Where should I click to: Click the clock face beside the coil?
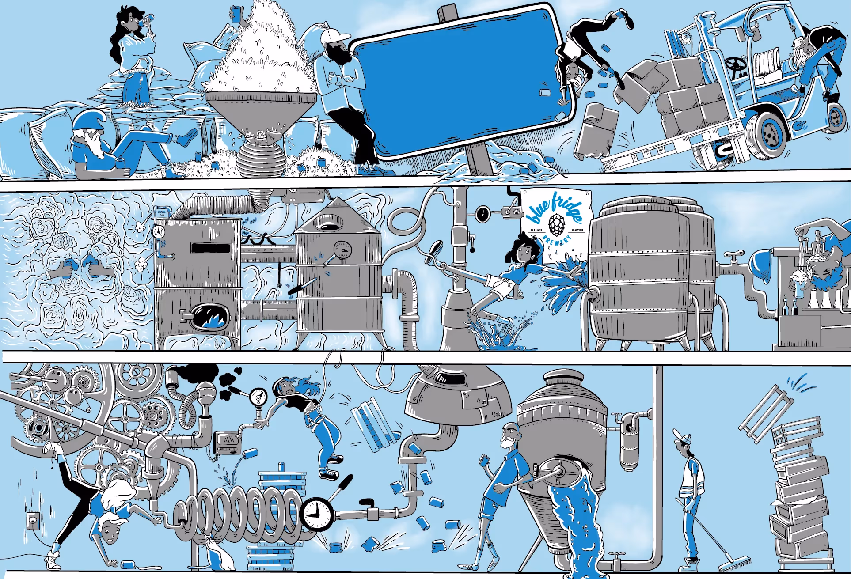coord(316,514)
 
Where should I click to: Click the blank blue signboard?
coord(460,82)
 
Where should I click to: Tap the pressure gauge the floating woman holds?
coord(258,396)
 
